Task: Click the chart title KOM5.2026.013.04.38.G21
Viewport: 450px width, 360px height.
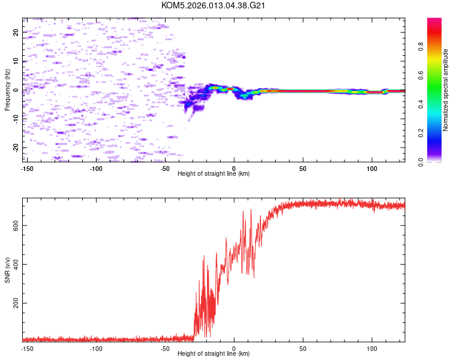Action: (214, 5)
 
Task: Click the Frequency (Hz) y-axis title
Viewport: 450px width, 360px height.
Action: (7, 90)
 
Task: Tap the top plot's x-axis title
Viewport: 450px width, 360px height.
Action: (214, 173)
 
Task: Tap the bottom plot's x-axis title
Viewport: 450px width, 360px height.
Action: (214, 353)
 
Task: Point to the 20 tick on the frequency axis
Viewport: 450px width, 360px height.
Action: (16, 32)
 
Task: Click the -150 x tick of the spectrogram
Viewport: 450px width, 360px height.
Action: (28, 168)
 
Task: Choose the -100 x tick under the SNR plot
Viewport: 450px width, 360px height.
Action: (97, 348)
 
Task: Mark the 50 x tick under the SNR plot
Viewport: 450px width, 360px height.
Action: (304, 348)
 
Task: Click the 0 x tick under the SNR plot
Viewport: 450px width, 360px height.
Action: (235, 348)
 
